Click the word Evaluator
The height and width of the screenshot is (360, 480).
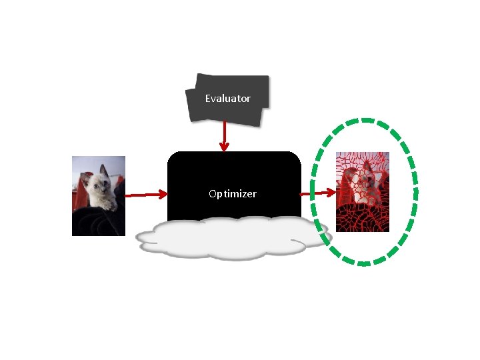tap(227, 99)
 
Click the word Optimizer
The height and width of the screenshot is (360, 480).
tap(232, 194)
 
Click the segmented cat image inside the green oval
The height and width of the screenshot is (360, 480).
tap(362, 192)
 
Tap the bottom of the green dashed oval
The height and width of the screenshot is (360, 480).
tap(364, 263)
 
